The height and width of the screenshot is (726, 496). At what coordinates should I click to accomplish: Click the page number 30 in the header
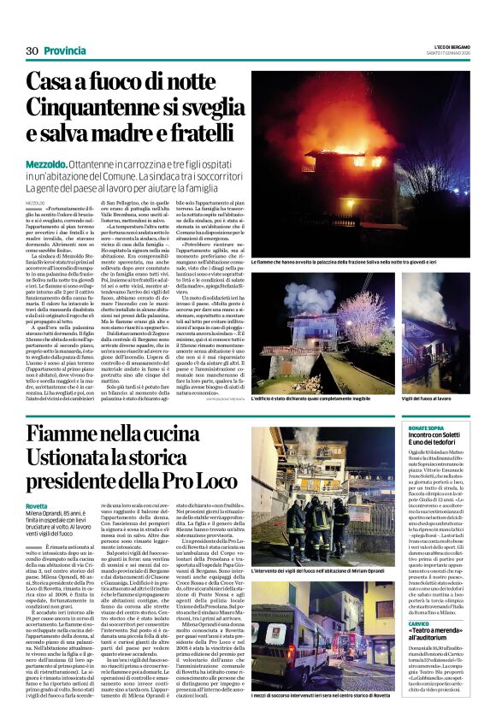click(x=32, y=50)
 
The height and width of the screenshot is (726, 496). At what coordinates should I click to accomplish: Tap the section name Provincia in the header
click(x=64, y=50)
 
